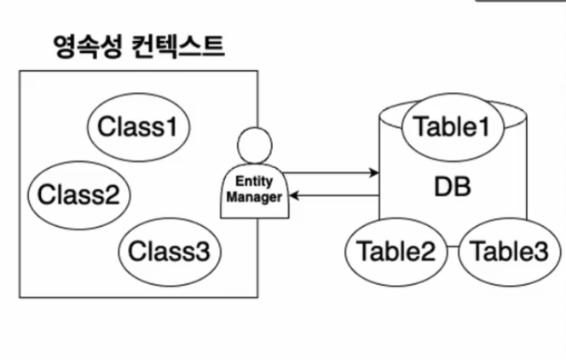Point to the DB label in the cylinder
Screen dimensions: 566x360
point(453,187)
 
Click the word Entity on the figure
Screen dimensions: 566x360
point(254,182)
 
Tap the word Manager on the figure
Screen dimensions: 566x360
point(254,198)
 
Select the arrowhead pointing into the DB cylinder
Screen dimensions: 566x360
point(374,172)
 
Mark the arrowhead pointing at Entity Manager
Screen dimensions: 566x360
point(294,195)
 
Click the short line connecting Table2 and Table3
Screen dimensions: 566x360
point(453,247)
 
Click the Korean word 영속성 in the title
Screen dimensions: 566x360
point(88,46)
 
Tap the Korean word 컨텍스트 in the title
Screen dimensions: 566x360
point(177,46)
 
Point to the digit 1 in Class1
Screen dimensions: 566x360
point(172,127)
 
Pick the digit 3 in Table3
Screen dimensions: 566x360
point(541,252)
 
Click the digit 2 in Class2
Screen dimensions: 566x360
point(112,195)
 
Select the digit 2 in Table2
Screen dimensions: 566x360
point(428,252)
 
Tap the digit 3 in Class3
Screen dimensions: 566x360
point(202,252)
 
